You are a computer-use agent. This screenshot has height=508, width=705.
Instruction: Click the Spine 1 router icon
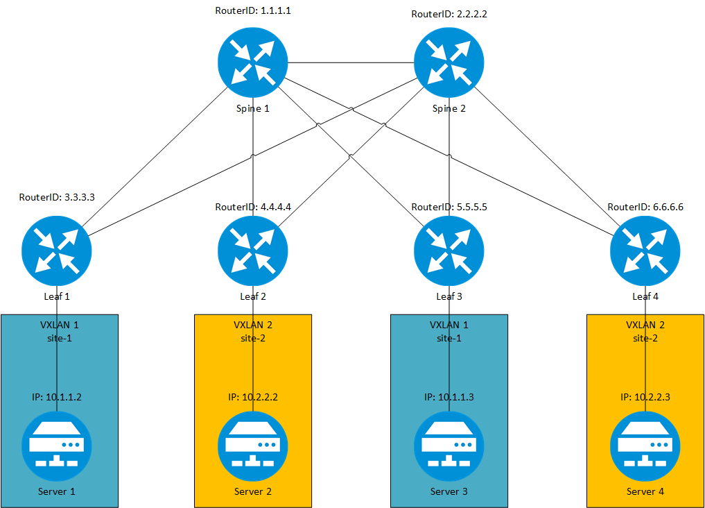tap(252, 63)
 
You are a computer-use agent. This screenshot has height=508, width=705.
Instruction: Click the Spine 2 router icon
tap(449, 63)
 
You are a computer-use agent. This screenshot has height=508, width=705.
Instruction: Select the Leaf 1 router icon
tap(56, 251)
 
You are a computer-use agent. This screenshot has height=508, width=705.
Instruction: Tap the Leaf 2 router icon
tap(252, 251)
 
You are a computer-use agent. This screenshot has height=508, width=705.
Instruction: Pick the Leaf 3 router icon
tap(449, 251)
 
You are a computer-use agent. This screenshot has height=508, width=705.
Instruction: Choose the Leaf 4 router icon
tap(645, 251)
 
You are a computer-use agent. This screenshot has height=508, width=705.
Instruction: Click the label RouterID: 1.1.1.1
tap(252, 12)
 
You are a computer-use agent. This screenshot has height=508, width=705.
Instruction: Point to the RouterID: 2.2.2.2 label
tap(449, 14)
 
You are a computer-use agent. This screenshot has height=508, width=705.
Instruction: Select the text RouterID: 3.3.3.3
tap(56, 197)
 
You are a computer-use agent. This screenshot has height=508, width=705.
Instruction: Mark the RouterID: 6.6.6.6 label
tap(645, 207)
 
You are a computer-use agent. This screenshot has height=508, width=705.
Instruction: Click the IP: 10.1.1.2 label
tap(56, 398)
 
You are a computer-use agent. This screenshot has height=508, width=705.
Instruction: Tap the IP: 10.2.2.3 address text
tap(645, 398)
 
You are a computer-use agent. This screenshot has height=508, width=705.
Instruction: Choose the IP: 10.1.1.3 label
tap(449, 398)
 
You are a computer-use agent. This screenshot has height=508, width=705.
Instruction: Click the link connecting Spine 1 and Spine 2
tap(350, 63)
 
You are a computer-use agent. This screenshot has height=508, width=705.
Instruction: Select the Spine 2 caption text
tap(449, 108)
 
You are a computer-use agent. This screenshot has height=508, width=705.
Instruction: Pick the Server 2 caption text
tap(252, 492)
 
